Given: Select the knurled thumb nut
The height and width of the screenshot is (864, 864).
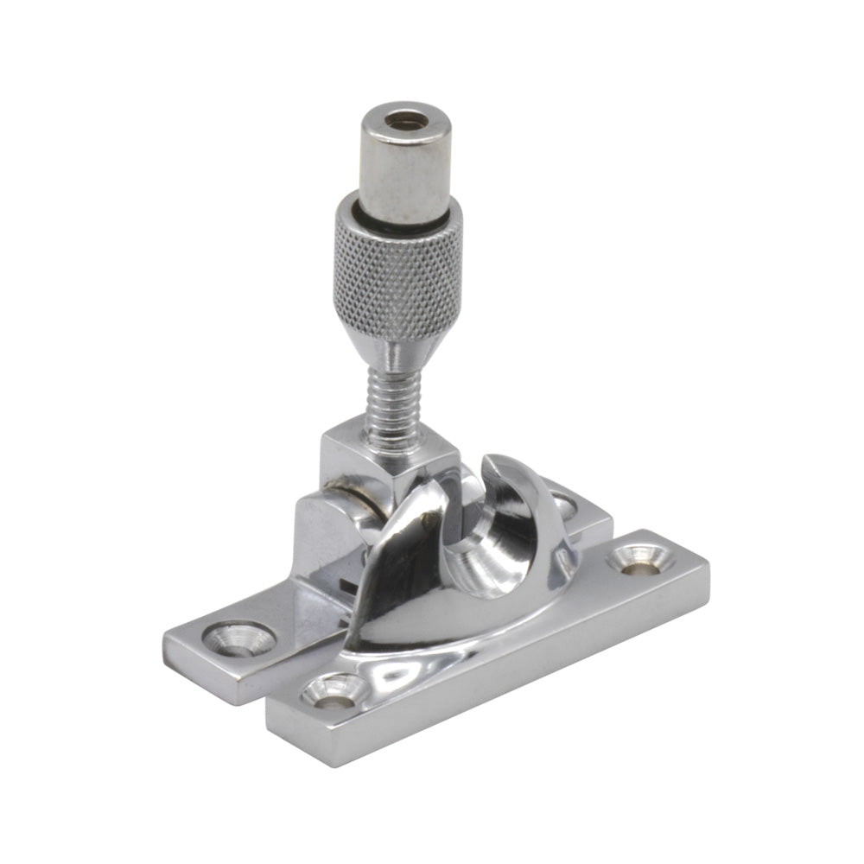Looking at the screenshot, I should [x=397, y=268].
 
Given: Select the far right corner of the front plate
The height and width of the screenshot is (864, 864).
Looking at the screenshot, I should [x=707, y=562].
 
